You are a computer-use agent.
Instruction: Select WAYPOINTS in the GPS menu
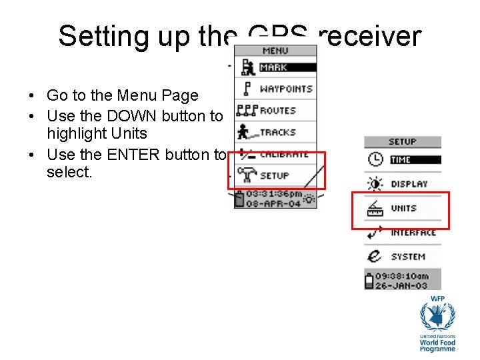286,89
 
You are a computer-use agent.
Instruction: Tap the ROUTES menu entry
278,111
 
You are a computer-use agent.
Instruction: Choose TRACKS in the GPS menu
277,133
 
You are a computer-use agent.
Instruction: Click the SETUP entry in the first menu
274,176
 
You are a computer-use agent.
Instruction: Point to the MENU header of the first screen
275,51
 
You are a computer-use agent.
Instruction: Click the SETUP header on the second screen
403,141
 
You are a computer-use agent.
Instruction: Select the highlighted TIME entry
401,160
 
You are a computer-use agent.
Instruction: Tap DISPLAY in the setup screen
409,184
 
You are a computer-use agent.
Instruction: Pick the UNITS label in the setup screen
403,209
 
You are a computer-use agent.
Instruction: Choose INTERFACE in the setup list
413,233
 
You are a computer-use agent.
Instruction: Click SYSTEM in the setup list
408,257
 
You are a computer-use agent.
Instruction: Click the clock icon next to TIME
375,160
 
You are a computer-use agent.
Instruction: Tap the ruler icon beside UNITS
375,209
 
